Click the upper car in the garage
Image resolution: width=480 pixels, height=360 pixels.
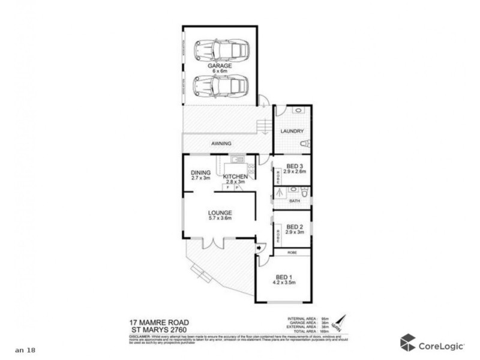[x=221, y=50]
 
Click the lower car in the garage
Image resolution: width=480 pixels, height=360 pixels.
[x=221, y=86]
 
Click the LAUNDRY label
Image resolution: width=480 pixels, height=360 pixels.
[x=292, y=131]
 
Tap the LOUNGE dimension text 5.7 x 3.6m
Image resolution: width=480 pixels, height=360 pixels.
[x=220, y=219]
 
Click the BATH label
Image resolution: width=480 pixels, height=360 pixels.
[x=294, y=201]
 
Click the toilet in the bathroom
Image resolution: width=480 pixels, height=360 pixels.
[x=305, y=192]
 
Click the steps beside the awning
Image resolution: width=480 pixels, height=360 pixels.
[x=262, y=127]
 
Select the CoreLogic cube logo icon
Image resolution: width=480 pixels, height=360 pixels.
[x=408, y=342]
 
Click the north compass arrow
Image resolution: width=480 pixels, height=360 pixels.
[x=340, y=323]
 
